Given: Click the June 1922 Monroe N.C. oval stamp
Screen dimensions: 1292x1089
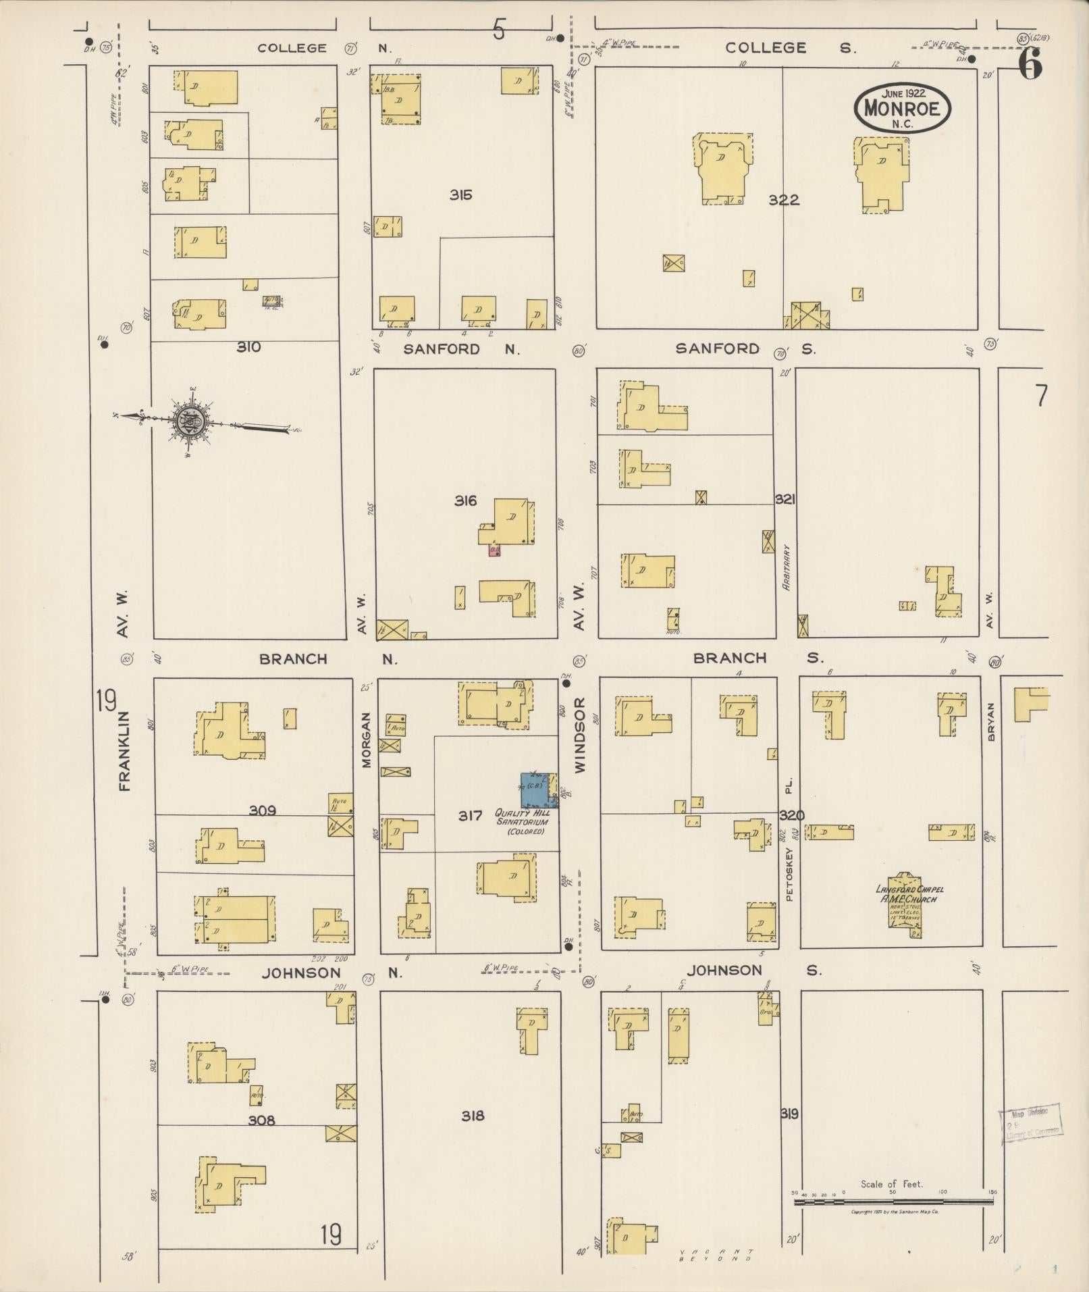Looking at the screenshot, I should point(902,108).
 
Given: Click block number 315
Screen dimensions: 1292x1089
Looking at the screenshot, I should point(461,195).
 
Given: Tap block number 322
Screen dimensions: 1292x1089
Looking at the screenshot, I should point(783,200).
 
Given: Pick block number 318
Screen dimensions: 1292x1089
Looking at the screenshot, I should point(473,1116).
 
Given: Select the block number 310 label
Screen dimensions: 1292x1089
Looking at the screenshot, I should point(248,347).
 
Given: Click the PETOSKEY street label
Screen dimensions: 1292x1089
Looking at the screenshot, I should point(789,874).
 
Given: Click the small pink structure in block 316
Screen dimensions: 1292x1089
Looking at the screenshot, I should point(495,550).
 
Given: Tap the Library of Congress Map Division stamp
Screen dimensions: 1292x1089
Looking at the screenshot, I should point(1029,1122).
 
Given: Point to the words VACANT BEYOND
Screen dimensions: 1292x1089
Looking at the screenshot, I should point(717,1255).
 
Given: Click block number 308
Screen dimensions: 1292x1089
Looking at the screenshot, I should point(261,1120).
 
